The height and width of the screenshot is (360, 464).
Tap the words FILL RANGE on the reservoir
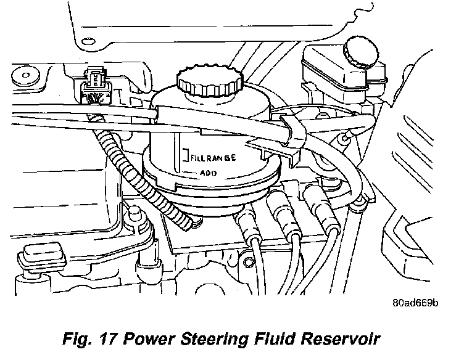coord(213,158)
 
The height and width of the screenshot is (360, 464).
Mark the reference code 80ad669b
coord(416,303)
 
